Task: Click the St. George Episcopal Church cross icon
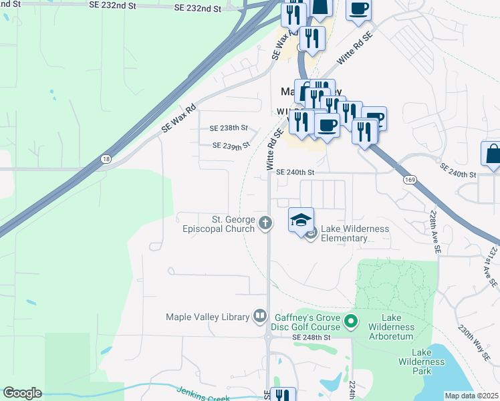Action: (x=266, y=223)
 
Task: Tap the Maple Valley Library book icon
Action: (x=260, y=317)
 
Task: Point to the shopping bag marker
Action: (x=492, y=153)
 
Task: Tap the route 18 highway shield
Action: (x=106, y=159)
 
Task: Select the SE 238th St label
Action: (x=229, y=128)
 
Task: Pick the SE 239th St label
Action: (x=231, y=145)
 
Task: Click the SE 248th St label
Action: (x=311, y=338)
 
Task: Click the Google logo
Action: (x=21, y=393)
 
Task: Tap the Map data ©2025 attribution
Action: (x=471, y=396)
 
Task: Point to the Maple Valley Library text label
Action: (x=207, y=317)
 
